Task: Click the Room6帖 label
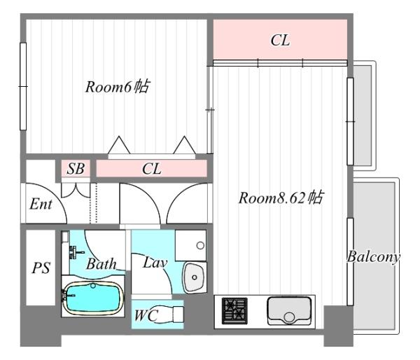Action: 118,87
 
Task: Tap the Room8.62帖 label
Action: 281,198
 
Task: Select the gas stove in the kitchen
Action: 234,311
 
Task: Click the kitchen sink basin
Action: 289,310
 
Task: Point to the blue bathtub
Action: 93,298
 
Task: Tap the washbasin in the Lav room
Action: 194,277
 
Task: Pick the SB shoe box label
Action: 76,169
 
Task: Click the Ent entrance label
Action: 41,204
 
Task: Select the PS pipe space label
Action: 41,268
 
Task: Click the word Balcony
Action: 373,257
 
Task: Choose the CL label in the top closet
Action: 280,40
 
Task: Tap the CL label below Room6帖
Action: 152,169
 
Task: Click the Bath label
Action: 101,264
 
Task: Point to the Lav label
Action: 155,263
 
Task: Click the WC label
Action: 146,315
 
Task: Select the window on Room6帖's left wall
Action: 23,86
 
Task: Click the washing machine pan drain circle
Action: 200,245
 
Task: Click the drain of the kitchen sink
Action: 289,317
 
